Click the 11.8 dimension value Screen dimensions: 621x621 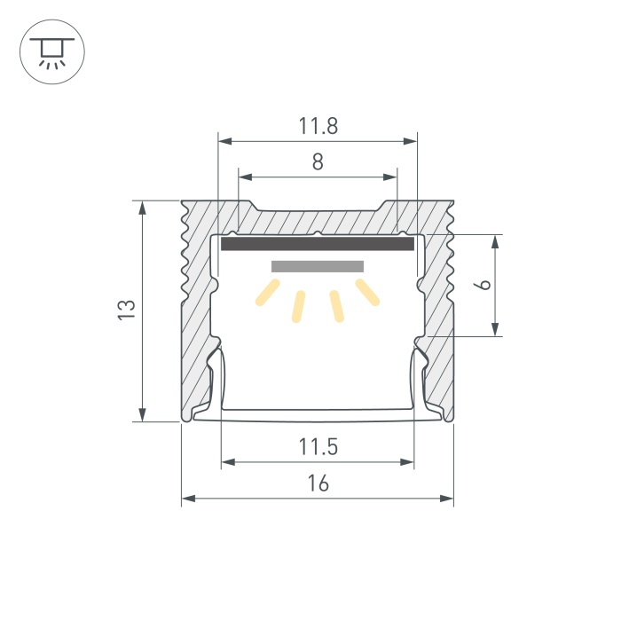[318, 126]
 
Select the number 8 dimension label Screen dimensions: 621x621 [318, 161]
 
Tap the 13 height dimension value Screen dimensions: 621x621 [127, 310]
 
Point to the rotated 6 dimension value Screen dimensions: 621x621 [483, 285]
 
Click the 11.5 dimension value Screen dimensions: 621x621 [318, 447]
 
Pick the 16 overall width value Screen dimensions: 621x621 [318, 483]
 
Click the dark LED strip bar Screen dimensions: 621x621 [318, 244]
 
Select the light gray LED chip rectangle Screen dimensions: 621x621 [318, 266]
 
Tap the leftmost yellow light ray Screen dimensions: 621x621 [268, 292]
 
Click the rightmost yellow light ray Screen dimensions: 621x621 [368, 292]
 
